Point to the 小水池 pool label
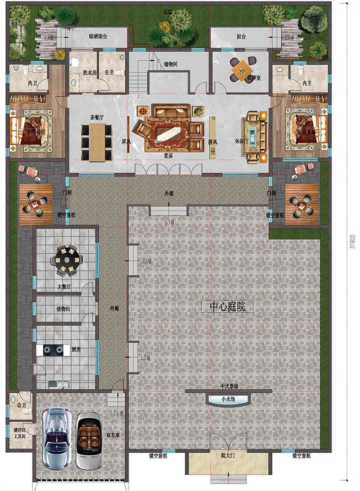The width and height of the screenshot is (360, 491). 223,399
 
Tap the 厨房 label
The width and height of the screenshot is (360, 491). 75,349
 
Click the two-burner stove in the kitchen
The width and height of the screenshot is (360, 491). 50,350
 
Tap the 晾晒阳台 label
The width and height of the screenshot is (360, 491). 98,37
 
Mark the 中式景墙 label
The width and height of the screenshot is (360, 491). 229,386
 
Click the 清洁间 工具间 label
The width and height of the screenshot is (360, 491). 19,433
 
